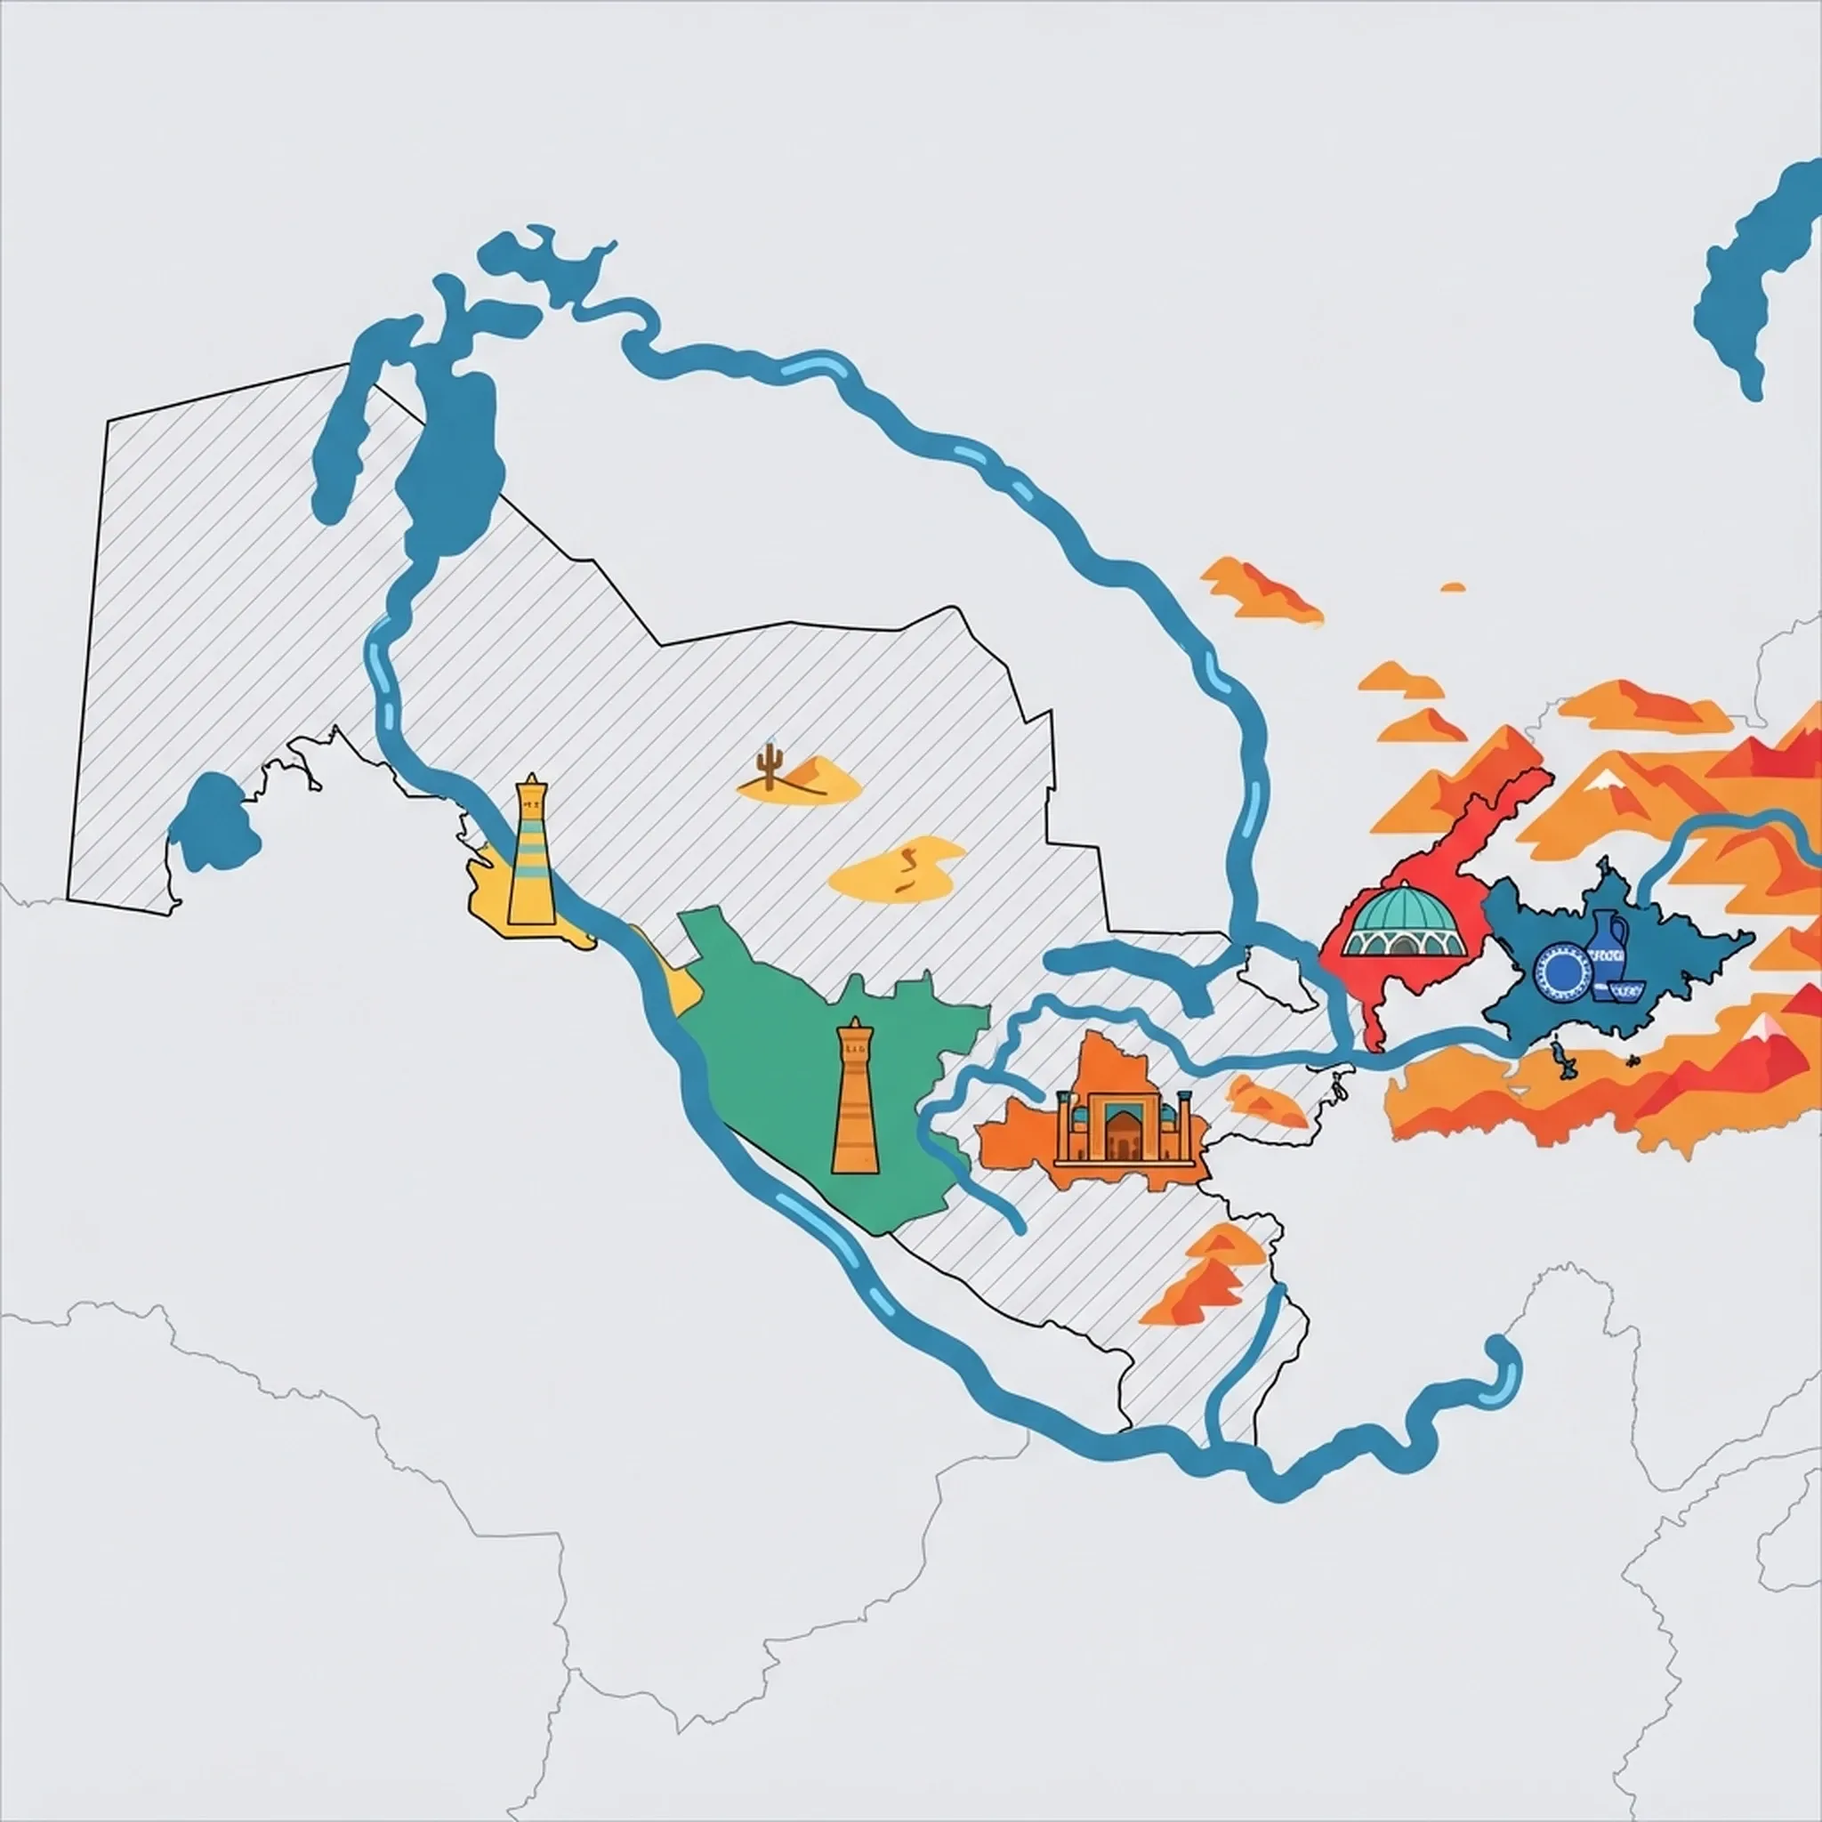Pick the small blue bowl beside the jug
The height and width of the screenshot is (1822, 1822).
coord(1628,989)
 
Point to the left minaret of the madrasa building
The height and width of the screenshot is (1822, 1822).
coord(1064,1122)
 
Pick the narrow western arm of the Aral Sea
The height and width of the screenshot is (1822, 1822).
coord(344,424)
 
